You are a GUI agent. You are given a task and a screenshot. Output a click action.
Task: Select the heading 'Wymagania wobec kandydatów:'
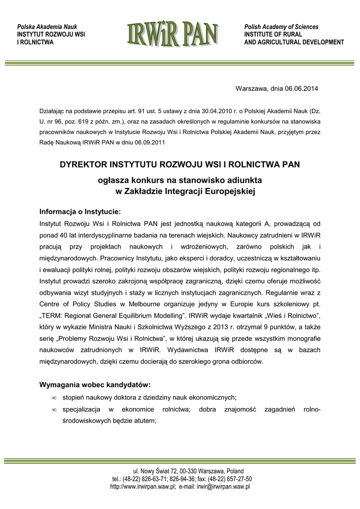(x=95, y=385)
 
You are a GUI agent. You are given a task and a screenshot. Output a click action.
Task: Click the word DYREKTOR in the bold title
(x=83, y=164)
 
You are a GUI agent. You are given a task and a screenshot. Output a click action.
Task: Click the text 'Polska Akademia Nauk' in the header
(x=47, y=26)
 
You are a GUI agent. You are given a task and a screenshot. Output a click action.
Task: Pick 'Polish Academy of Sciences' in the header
(x=281, y=26)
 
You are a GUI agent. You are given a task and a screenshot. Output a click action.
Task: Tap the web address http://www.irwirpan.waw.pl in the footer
(x=143, y=487)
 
